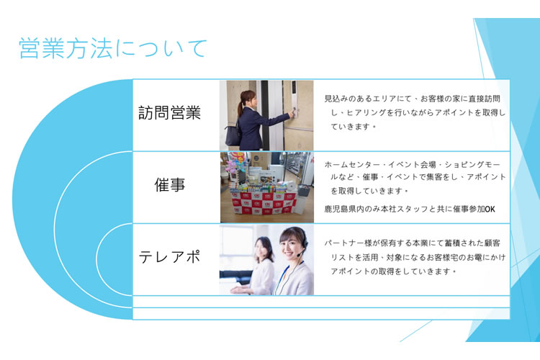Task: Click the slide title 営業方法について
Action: click(x=112, y=48)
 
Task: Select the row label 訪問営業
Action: click(x=169, y=112)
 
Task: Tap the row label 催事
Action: click(x=170, y=184)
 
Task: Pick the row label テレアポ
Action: click(x=169, y=257)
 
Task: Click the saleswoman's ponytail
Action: click(x=240, y=108)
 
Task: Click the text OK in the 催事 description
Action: click(x=490, y=209)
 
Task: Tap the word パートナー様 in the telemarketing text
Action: click(x=348, y=243)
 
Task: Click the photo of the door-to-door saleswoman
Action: click(x=266, y=115)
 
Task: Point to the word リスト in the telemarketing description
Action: click(x=343, y=257)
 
